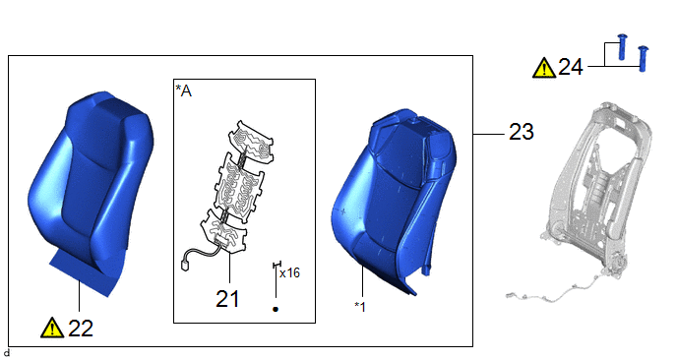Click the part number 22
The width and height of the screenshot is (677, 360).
[81, 329]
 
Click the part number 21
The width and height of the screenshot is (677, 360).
[227, 298]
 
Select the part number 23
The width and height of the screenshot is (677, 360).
[522, 131]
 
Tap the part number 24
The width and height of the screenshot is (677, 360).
[571, 67]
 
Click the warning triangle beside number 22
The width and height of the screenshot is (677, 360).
[52, 328]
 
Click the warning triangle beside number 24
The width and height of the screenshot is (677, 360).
[544, 68]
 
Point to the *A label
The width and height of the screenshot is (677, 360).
[183, 90]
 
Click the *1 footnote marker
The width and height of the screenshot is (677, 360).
[360, 307]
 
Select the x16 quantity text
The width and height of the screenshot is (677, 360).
[289, 272]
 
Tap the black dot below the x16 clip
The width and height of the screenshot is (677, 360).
[276, 309]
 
